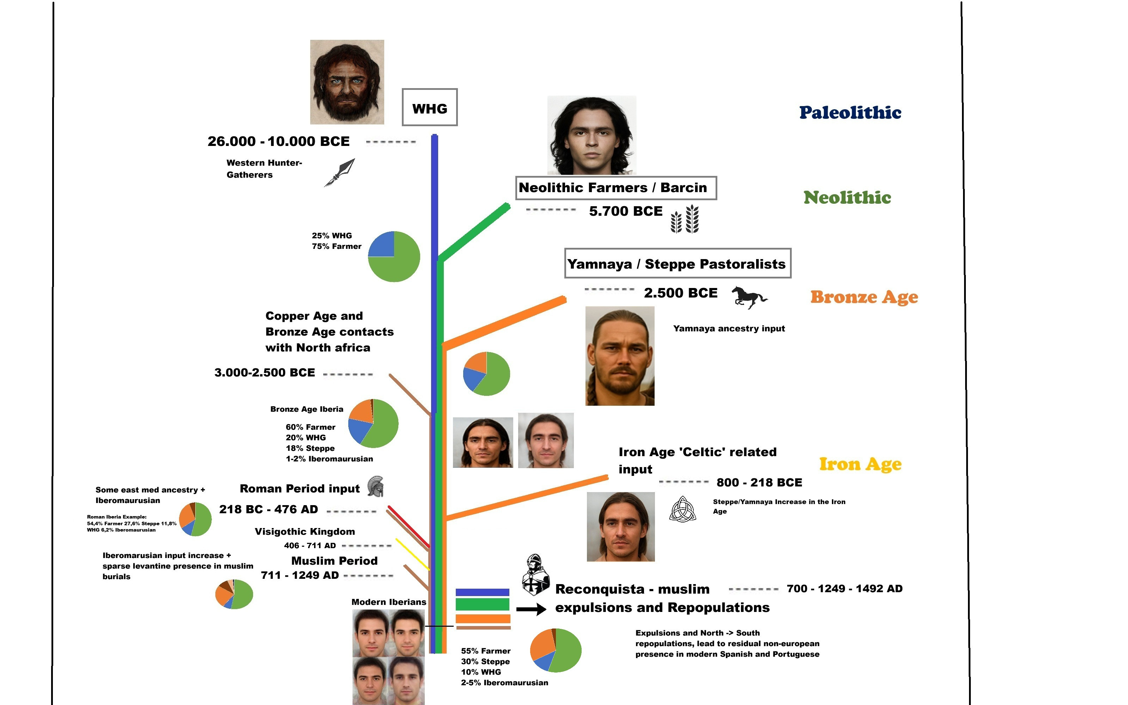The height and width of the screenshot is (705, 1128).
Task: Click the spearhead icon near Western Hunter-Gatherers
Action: click(340, 172)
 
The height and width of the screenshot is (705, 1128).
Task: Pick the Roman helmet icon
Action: click(375, 486)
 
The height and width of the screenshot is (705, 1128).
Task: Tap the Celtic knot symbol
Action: click(682, 509)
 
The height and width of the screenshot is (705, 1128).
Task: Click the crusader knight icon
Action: click(535, 575)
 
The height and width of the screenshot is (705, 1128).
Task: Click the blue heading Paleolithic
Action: click(850, 113)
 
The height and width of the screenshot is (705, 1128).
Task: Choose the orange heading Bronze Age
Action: click(864, 297)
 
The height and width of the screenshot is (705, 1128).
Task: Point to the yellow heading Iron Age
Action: click(860, 464)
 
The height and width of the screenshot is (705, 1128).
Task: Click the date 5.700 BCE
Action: click(625, 211)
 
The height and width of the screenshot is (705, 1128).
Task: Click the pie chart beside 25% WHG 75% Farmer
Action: click(394, 257)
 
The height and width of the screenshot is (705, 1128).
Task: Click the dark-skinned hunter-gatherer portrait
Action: click(347, 82)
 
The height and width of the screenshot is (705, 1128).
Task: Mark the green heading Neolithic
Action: click(847, 198)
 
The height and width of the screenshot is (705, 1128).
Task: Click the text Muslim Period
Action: click(334, 561)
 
